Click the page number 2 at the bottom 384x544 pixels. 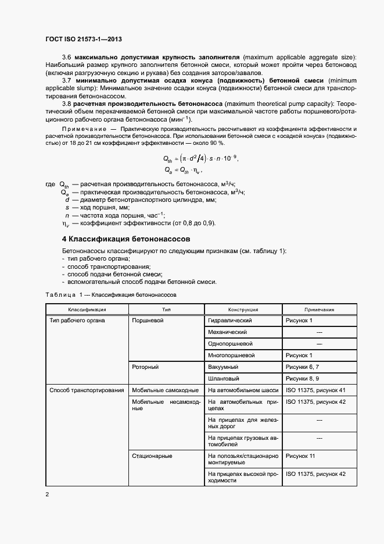[48, 495]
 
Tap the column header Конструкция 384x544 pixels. [243, 310]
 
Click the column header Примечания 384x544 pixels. [319, 310]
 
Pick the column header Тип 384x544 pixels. [166, 310]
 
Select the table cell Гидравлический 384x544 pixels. [229, 321]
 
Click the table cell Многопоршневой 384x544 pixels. [231, 355]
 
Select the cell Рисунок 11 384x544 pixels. [300, 456]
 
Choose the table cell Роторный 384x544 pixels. [146, 367]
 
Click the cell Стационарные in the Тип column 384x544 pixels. [152, 456]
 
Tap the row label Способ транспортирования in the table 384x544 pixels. [87, 390]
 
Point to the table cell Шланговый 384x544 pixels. [224, 379]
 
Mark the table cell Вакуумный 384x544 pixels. [224, 367]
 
